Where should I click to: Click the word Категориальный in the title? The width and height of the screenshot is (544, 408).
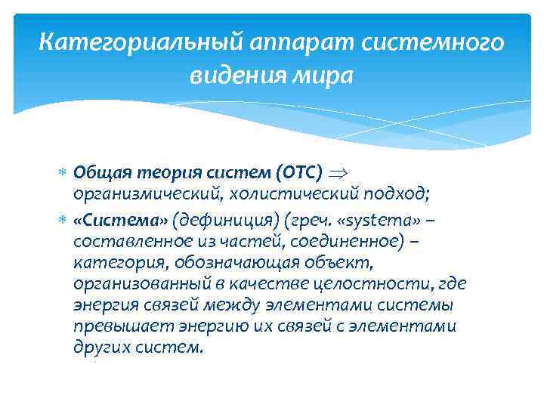pyautogui.click(x=120, y=43)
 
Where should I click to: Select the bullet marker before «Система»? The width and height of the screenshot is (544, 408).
pyautogui.click(x=63, y=220)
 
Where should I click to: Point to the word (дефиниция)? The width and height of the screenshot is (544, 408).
pyautogui.click(x=218, y=220)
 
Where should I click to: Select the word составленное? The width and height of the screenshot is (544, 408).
pyautogui.click(x=125, y=241)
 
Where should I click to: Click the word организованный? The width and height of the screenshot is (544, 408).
pyautogui.click(x=133, y=284)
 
